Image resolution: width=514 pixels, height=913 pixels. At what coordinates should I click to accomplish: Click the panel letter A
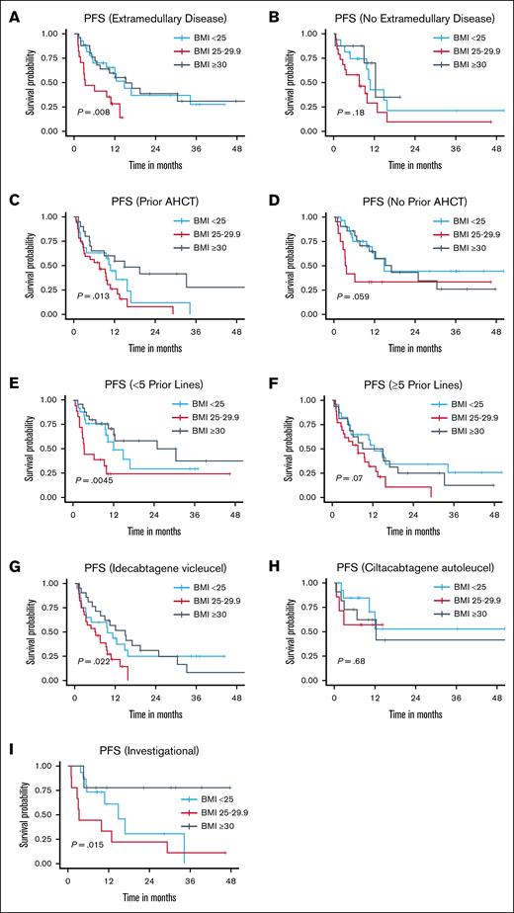point(9,11)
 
